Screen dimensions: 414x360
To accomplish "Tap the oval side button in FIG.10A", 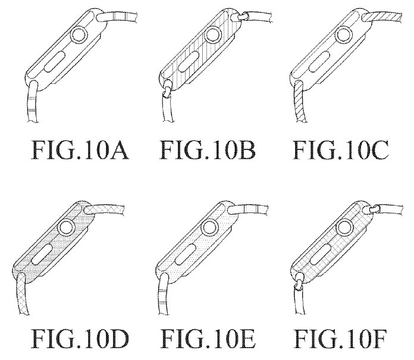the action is pos(55,61).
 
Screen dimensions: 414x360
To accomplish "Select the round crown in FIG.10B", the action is pos(212,35).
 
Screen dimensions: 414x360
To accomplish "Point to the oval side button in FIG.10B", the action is pos(189,61).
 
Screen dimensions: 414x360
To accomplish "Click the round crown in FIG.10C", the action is pos(344,35).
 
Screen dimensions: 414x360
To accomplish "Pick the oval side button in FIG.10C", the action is pos(319,61).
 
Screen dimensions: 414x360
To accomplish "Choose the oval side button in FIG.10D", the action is pos(42,254).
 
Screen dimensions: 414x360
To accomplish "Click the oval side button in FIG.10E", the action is pos(186,254).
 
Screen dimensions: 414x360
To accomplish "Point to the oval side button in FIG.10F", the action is pos(321,254).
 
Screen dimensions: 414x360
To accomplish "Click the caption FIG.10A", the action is pos(80,150).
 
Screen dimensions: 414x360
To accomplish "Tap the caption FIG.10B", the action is pos(208,150).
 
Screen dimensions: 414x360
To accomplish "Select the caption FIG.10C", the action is pos(341,150).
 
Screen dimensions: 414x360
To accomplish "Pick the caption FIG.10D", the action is pos(80,339).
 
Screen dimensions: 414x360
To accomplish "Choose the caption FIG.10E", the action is pos(208,339).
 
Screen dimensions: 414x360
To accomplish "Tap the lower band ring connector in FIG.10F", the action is pos(299,284).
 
